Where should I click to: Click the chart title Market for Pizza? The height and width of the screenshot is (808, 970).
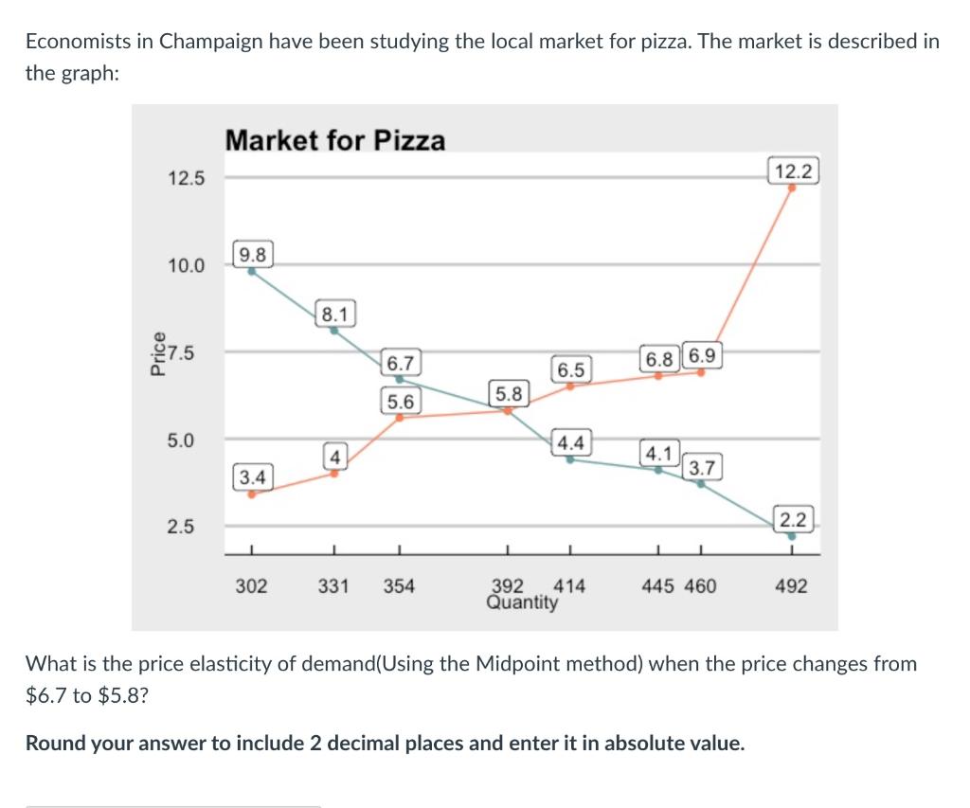(x=334, y=141)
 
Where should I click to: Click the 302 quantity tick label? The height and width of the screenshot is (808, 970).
(x=251, y=586)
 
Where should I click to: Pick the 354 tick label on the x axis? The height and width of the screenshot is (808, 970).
(x=399, y=586)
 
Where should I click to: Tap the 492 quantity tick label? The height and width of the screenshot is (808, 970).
(x=791, y=586)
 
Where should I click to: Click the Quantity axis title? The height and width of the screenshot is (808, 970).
(x=521, y=602)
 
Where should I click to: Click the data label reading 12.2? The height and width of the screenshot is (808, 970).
(x=792, y=171)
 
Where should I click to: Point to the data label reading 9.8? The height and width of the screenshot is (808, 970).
(x=252, y=254)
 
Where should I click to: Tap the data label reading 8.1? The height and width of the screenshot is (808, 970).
(x=334, y=313)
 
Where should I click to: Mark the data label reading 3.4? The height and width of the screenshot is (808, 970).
(x=252, y=474)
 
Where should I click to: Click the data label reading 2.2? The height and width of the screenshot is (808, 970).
(x=792, y=519)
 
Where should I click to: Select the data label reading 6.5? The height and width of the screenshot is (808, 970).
(x=570, y=369)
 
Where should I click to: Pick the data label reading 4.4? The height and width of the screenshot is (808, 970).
(x=570, y=442)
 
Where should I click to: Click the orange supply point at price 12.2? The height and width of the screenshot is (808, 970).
(x=792, y=188)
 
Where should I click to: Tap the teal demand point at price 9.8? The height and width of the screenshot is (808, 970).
(x=252, y=271)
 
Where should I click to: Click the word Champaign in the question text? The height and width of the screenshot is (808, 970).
(x=205, y=42)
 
